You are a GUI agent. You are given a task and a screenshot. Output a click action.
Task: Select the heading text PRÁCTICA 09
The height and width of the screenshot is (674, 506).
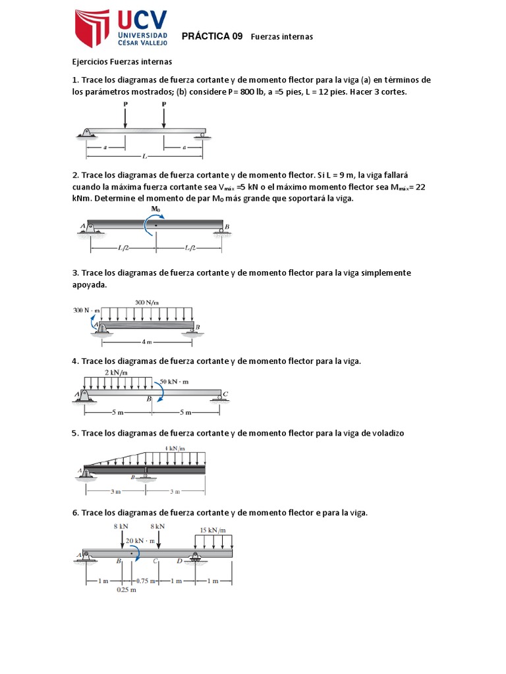(211, 36)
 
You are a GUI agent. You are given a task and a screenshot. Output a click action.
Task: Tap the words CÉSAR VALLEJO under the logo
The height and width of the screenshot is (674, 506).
(142, 43)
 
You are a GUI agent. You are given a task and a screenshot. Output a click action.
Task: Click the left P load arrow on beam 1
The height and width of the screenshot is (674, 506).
(125, 117)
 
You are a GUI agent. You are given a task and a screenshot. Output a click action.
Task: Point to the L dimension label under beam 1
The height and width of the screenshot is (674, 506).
(144, 156)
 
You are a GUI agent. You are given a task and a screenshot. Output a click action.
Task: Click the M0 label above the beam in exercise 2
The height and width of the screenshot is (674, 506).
(155, 209)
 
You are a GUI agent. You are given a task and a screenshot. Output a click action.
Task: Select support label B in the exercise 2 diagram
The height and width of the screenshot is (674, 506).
(227, 227)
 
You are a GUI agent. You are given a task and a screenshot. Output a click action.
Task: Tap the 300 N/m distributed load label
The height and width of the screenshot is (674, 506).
(146, 302)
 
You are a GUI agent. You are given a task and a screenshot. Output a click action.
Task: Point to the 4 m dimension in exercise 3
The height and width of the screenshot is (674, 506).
(146, 342)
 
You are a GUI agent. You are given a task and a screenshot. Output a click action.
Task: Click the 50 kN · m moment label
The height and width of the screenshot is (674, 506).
(175, 381)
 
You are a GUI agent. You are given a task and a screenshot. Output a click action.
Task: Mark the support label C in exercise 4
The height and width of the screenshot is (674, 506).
(225, 394)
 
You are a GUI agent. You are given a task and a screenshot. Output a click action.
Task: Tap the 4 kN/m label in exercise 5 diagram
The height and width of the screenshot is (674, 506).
(174, 448)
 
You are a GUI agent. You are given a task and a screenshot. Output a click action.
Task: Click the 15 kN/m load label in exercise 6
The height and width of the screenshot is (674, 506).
(213, 529)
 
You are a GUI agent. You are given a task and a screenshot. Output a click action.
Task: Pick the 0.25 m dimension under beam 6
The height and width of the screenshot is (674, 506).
(126, 590)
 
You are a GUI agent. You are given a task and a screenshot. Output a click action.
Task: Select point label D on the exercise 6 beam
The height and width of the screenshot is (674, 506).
(179, 561)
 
